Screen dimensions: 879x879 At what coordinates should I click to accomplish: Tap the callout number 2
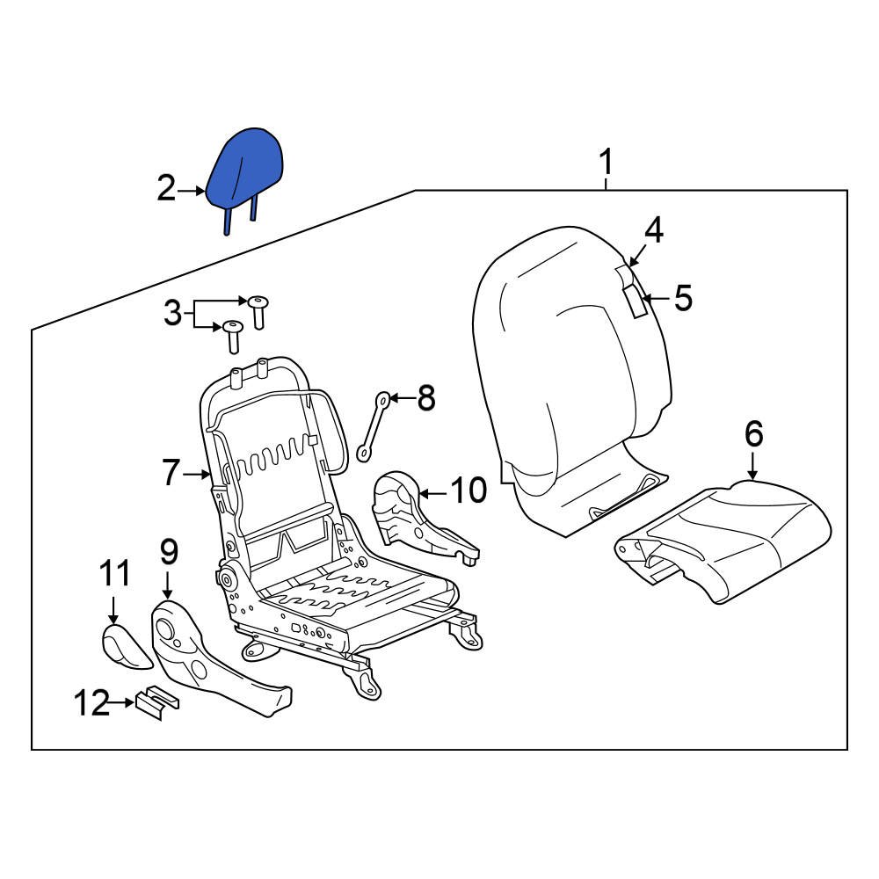point(166,188)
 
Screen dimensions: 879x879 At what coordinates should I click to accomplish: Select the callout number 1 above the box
point(605,163)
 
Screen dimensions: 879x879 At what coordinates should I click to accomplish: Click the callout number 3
point(173,312)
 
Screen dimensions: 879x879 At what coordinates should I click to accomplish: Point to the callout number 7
point(171,474)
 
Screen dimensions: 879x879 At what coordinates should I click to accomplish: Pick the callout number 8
point(425,399)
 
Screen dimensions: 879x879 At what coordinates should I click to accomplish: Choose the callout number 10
point(468,490)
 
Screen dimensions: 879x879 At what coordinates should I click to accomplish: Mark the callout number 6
point(753,434)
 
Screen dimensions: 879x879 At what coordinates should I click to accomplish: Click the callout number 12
point(92,702)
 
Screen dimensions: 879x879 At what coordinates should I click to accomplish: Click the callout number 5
point(683,299)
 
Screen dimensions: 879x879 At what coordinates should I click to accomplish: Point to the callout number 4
point(653,230)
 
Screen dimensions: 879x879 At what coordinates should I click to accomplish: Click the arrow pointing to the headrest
point(192,189)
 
